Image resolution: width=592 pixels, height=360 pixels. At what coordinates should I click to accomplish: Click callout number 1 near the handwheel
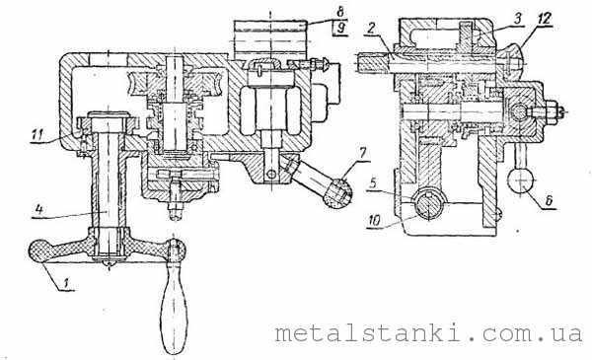click(66, 282)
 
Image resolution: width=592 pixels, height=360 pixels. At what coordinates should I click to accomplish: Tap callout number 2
click(371, 29)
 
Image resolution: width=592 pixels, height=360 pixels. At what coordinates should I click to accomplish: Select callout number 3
click(518, 18)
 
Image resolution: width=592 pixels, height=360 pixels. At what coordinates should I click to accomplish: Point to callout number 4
click(38, 209)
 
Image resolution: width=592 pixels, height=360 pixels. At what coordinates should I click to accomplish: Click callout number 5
click(373, 183)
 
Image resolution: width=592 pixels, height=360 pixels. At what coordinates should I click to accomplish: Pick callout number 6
click(549, 199)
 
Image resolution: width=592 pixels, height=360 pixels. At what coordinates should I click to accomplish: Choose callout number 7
click(362, 153)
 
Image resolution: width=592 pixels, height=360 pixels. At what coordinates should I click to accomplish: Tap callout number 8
click(340, 11)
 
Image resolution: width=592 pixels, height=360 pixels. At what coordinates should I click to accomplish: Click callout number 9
click(341, 28)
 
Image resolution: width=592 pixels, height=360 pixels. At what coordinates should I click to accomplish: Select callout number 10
click(374, 220)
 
